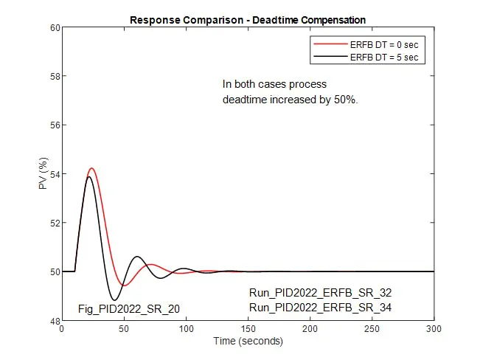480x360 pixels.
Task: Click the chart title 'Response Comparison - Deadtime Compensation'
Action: point(248,19)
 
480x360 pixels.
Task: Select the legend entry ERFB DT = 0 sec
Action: point(387,44)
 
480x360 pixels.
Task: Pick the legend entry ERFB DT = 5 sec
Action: point(387,57)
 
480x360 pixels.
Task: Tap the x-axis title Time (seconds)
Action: point(248,341)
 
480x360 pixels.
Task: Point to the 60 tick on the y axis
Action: point(52,28)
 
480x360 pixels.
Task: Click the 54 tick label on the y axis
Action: point(52,174)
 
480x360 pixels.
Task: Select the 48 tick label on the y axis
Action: point(52,320)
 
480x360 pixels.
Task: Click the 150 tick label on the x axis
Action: point(248,329)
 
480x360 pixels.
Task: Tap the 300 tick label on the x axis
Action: point(434,329)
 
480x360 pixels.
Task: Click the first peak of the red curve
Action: point(91,168)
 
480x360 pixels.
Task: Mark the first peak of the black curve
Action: point(88,176)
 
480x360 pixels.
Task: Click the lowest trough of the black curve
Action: point(114,300)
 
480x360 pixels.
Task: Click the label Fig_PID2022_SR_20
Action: point(129,308)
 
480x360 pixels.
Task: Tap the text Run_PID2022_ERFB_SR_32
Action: point(320,293)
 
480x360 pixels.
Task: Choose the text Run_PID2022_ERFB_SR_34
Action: point(320,307)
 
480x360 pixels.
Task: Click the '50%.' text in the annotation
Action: point(346,99)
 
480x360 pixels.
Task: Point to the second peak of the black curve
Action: point(137,257)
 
